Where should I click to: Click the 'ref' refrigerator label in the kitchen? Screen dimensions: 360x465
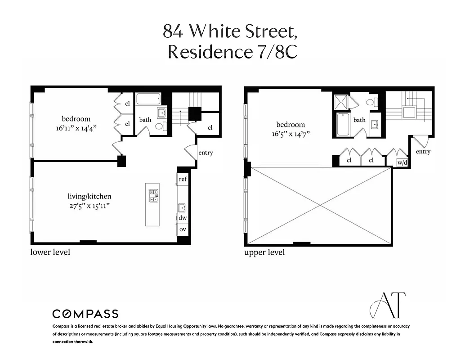(183, 179)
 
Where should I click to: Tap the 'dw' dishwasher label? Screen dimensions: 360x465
(183, 218)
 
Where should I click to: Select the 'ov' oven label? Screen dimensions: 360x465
(183, 229)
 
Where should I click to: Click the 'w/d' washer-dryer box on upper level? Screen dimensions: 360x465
(402, 163)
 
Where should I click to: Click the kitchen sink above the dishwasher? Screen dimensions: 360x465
(182, 207)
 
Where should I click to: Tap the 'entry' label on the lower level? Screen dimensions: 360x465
(206, 153)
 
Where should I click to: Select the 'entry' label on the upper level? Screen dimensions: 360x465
(423, 152)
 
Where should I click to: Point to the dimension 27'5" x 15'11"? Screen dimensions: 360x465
(89, 206)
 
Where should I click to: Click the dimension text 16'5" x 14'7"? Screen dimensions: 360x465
(290, 134)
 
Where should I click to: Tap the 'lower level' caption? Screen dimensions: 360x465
(50, 252)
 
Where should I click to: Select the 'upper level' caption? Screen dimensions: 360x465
(264, 252)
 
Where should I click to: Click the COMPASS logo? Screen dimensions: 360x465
(85, 314)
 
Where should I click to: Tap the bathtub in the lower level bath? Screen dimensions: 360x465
(148, 99)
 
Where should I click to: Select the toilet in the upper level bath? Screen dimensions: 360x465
(372, 102)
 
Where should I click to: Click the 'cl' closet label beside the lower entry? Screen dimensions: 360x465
(210, 128)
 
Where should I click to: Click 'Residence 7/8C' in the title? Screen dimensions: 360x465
(232, 52)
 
